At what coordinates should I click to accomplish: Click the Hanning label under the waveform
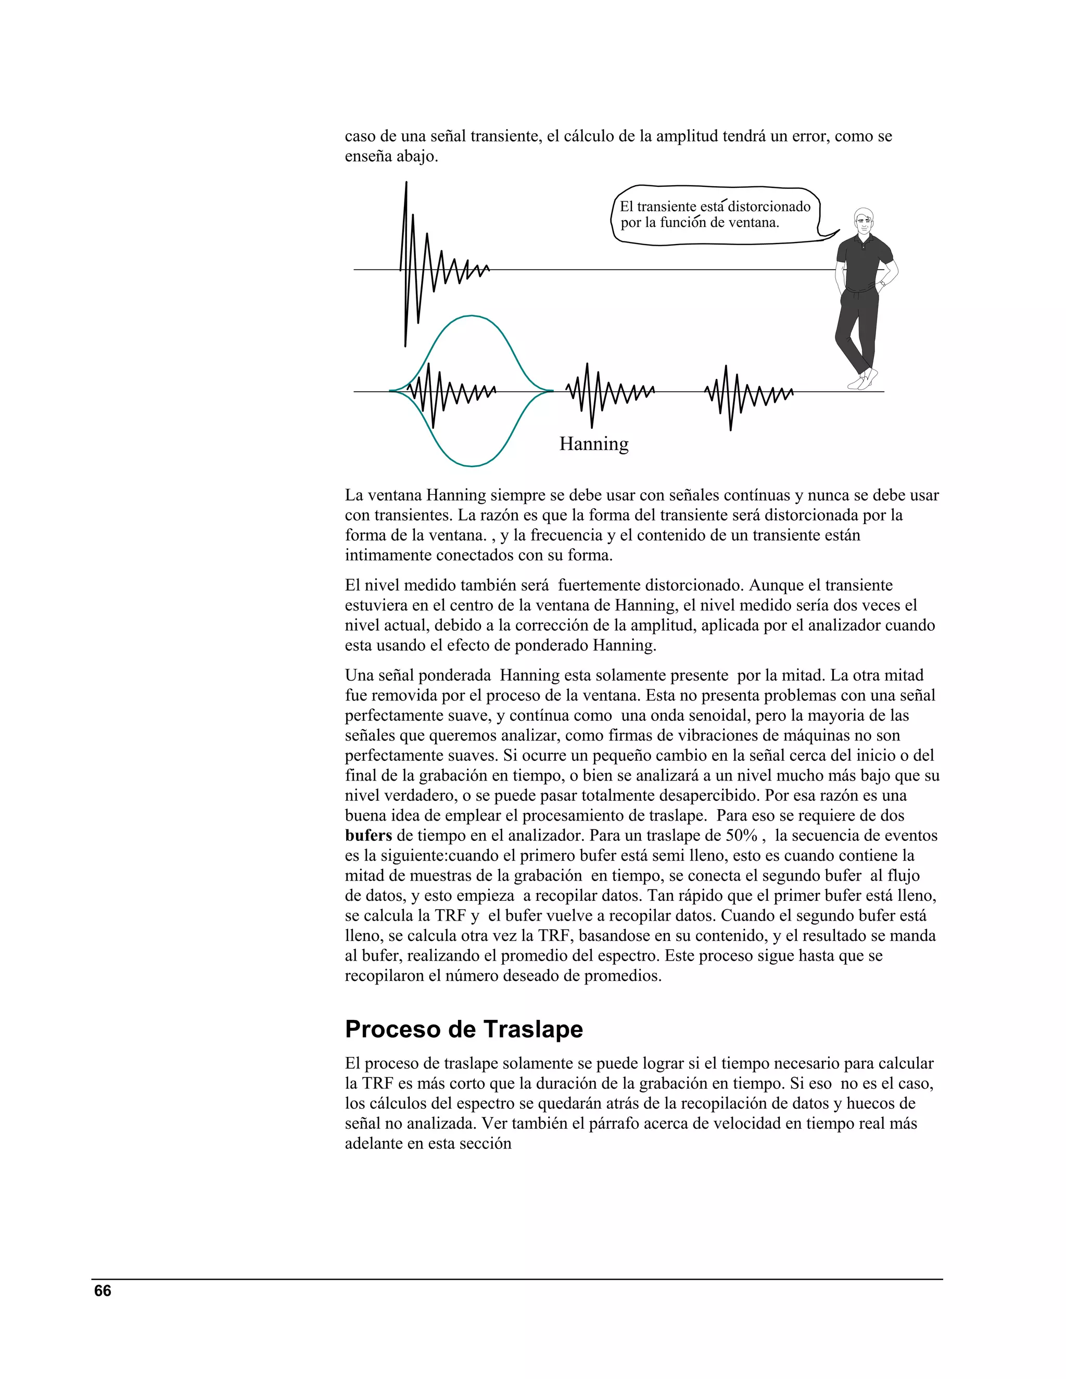tap(593, 444)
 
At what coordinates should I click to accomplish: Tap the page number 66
tap(103, 1291)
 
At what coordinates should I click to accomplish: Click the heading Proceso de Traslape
tap(464, 1029)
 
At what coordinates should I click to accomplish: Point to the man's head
tap(864, 220)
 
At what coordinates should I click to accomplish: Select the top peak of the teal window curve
tap(471, 316)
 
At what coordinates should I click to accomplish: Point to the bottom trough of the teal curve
tap(471, 466)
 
